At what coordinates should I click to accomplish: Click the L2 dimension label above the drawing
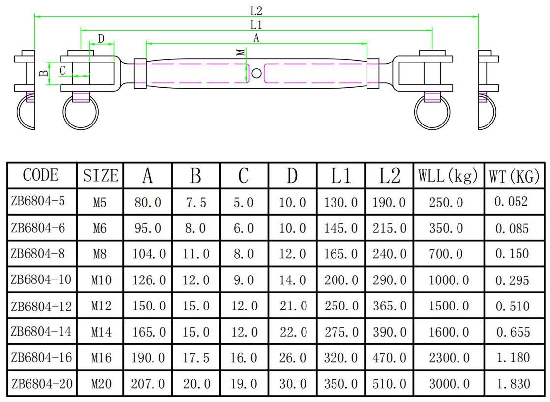[x=256, y=10]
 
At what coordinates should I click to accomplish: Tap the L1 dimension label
[x=256, y=24]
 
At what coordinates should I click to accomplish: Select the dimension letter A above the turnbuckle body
[x=256, y=38]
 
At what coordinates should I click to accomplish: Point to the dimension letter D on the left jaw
[x=101, y=39]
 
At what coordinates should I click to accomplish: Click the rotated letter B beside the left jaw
[x=44, y=73]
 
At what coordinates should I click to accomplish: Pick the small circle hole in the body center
[x=256, y=73]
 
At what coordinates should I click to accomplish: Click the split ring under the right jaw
[x=432, y=113]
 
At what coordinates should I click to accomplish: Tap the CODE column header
[x=41, y=175]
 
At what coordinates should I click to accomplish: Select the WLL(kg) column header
[x=448, y=175]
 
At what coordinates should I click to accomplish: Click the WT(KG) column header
[x=514, y=175]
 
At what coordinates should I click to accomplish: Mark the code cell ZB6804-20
[x=41, y=383]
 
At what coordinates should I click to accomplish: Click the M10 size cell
[x=101, y=280]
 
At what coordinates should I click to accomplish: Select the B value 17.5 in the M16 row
[x=196, y=358]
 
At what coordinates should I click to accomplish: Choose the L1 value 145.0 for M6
[x=341, y=228]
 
